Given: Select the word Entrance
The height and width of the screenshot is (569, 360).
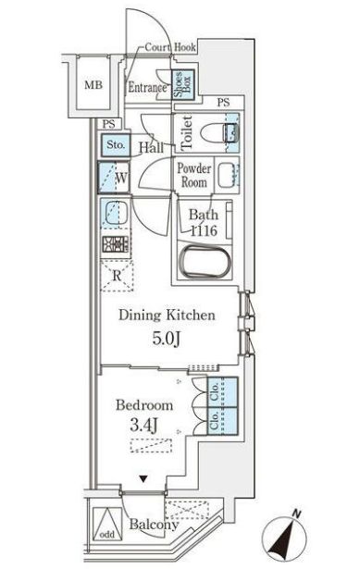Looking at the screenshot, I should coord(147,89).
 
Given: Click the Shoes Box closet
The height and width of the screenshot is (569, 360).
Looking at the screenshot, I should coord(183,85).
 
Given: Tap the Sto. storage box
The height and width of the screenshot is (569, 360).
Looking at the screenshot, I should coord(115,144).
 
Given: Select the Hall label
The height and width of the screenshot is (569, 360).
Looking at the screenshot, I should coord(152,147).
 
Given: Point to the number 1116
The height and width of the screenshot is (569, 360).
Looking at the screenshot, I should coord(205,232).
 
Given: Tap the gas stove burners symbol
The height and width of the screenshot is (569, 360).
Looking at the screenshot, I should coord(114,245).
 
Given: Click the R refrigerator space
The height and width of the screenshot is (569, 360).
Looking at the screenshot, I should coord(116,274).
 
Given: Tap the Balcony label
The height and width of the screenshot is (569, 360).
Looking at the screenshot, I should coord(154,525).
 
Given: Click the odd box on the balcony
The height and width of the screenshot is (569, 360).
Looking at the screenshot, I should coord(106,534).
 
